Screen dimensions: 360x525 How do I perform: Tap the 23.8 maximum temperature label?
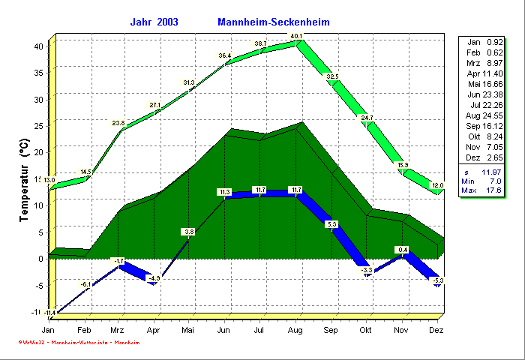point(118,123)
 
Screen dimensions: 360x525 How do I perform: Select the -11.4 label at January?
point(49,312)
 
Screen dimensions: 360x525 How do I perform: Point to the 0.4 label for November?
point(403,250)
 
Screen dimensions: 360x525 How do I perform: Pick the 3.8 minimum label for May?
point(189,232)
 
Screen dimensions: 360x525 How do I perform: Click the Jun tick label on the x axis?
point(224,330)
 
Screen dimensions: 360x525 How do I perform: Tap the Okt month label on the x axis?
point(365,330)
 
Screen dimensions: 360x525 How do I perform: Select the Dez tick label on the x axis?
point(437,330)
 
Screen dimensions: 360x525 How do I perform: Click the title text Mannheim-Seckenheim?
point(273,22)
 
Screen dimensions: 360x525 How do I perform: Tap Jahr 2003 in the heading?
point(154,22)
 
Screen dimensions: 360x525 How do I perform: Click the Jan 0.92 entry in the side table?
point(484,42)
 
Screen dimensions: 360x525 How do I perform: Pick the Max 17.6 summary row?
point(484,192)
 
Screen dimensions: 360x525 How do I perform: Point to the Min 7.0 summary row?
point(484,181)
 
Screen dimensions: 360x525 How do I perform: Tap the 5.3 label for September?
point(332,224)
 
